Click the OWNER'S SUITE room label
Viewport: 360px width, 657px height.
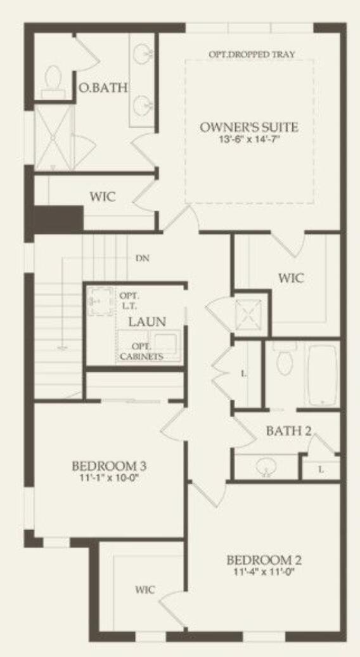248,127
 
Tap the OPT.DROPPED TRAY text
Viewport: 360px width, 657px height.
252,55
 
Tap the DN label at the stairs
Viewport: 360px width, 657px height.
142,258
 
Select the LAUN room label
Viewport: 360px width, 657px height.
147,322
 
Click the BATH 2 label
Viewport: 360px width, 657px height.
288,431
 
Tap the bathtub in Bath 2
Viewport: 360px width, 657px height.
323,374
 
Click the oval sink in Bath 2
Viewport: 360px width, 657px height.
267,467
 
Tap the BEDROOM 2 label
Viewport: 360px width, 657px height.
264,561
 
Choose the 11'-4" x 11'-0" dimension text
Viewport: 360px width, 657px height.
264,572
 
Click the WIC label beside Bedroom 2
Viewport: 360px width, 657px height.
145,590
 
